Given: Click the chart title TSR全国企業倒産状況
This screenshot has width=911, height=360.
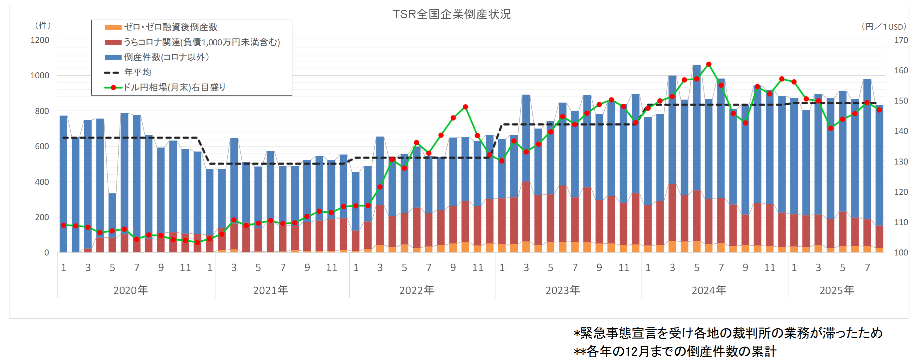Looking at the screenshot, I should (452, 14).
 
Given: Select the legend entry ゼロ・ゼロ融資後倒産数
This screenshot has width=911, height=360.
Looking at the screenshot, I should (170, 27).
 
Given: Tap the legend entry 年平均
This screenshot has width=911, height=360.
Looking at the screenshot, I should (138, 73).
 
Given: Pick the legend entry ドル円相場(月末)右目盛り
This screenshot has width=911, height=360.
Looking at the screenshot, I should (174, 87).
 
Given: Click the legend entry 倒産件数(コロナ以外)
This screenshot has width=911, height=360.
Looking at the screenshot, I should (166, 57).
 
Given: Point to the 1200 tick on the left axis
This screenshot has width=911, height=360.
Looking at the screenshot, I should (40, 40).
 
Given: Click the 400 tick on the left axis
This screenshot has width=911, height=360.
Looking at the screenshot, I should (42, 182).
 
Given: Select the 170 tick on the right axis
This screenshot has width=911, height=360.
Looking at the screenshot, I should (901, 40).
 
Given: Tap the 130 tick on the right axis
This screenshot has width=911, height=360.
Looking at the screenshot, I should (901, 162).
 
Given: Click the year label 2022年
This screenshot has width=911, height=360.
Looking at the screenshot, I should (417, 290).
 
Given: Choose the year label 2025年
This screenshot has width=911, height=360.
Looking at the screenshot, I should (837, 290).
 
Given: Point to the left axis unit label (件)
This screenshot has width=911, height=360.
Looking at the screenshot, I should (43, 25).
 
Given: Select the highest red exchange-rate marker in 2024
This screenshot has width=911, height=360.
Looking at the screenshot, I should (709, 64).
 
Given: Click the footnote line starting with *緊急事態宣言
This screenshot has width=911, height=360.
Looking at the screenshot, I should (728, 333).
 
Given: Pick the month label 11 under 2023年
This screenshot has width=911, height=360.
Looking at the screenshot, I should (624, 268).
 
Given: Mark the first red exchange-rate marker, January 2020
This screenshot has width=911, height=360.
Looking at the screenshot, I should (64, 225).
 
